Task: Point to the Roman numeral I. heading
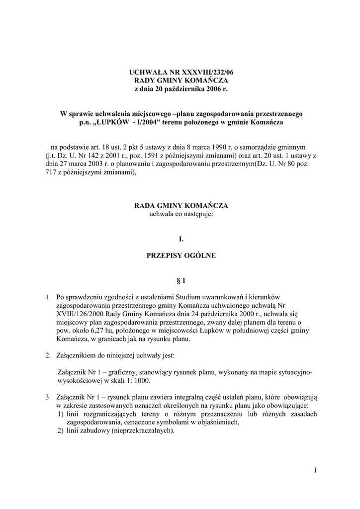pyautogui.click(x=181, y=239)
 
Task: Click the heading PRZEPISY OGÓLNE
pyautogui.click(x=181, y=256)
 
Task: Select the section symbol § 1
pyautogui.click(x=181, y=281)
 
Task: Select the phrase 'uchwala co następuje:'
pyautogui.click(x=181, y=214)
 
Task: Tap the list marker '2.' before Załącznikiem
pyautogui.click(x=48, y=356)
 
